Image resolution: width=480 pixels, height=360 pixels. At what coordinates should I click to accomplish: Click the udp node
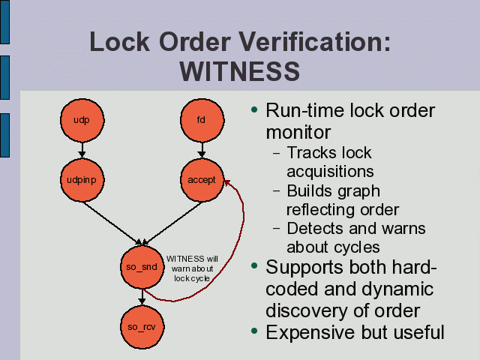pyautogui.click(x=82, y=120)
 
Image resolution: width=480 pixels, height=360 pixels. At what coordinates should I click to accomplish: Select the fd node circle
pyautogui.click(x=201, y=120)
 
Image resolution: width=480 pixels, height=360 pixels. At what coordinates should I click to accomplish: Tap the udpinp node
pyautogui.click(x=82, y=180)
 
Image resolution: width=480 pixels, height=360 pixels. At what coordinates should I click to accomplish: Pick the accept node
pyautogui.click(x=201, y=180)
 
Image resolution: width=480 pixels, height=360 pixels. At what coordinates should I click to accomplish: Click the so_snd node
pyautogui.click(x=141, y=267)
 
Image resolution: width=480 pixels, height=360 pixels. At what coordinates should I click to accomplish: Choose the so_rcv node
pyautogui.click(x=141, y=326)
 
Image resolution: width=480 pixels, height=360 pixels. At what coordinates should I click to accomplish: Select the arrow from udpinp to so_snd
pyautogui.click(x=112, y=223)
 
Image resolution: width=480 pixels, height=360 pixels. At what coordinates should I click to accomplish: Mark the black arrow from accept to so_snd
pyautogui.click(x=171, y=223)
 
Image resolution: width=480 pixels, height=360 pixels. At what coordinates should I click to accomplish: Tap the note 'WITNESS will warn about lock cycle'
pyautogui.click(x=191, y=268)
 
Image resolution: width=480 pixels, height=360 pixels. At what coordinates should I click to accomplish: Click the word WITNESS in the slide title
pyautogui.click(x=240, y=72)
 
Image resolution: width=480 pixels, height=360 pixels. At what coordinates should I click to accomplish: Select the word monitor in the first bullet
pyautogui.click(x=298, y=133)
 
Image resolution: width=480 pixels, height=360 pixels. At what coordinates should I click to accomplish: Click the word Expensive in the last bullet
pyautogui.click(x=307, y=331)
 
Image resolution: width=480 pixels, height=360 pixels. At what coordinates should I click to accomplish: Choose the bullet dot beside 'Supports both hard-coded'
pyautogui.click(x=256, y=266)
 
